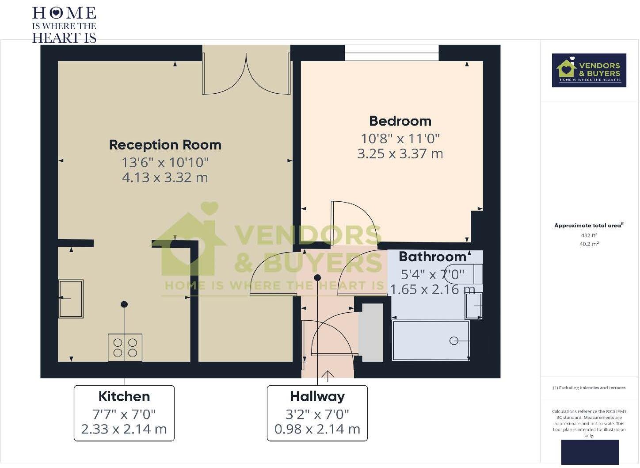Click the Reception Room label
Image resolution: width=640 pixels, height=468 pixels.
[x=165, y=145]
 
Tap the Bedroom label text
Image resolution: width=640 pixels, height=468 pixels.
[x=400, y=121]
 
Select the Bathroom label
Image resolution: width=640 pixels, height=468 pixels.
[x=432, y=257]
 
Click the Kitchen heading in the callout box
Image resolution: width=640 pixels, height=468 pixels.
[x=124, y=396]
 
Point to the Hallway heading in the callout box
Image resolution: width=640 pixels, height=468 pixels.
[x=317, y=396]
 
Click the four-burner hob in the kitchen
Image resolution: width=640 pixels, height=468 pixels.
[x=125, y=347]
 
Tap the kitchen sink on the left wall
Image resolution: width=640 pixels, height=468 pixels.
[x=71, y=299]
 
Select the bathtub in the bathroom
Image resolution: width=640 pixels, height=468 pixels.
[x=431, y=341]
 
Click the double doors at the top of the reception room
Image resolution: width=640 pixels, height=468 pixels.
[x=246, y=73]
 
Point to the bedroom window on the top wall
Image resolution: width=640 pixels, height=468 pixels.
[x=392, y=53]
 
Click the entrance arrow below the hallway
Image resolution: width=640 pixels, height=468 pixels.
[x=328, y=376]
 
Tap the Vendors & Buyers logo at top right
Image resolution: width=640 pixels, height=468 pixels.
[x=589, y=70]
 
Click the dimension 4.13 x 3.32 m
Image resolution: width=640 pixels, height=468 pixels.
[x=165, y=177]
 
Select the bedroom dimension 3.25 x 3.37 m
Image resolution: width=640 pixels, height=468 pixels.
[x=400, y=153]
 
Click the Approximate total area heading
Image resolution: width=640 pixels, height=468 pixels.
[x=588, y=226]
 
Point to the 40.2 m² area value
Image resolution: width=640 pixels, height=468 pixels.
[x=589, y=244]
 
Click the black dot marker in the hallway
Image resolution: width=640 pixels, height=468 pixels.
[x=317, y=278]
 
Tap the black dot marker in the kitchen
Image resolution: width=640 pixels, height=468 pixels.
[x=124, y=304]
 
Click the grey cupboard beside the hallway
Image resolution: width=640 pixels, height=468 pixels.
[x=370, y=333]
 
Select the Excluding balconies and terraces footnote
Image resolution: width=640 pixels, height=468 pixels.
[x=589, y=388]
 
